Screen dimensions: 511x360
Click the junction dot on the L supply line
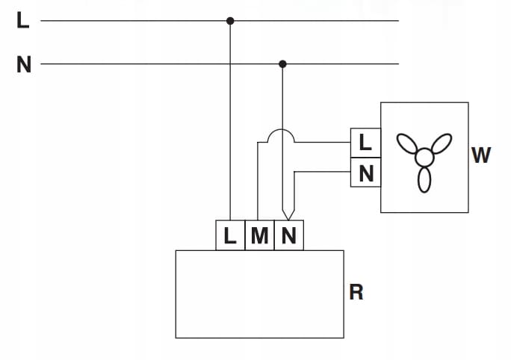point(230,21)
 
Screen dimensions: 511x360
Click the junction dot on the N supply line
point(282,64)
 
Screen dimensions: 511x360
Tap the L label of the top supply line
point(23,20)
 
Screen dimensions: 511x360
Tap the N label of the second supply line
point(24,64)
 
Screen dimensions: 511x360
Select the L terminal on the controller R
point(230,235)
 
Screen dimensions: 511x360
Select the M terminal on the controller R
point(259,235)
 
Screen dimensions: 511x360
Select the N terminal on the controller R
point(289,235)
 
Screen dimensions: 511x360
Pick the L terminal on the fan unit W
point(365,143)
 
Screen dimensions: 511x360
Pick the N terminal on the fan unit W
point(365,173)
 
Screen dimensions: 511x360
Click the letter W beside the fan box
point(481,155)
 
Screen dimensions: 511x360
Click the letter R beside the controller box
point(356,292)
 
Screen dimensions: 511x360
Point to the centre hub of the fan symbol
point(424,158)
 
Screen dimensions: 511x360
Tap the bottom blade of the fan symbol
point(424,179)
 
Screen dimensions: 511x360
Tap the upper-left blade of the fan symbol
point(407,143)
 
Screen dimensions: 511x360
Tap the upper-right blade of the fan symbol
point(442,143)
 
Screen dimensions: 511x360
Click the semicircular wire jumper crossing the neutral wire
point(281,130)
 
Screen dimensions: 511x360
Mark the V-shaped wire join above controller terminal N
point(288,215)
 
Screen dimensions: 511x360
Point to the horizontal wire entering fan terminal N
point(323,172)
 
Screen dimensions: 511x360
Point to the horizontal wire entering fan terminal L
point(323,143)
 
